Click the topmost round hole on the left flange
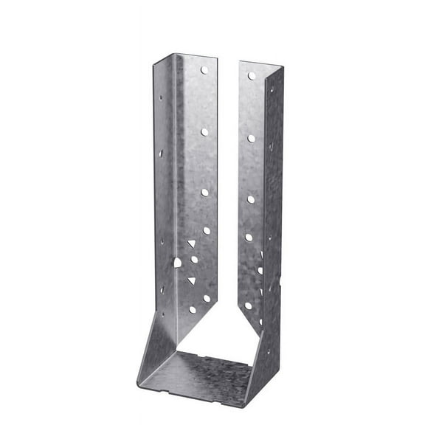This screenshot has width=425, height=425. pos(204,71)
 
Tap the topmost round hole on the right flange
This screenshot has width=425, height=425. pos(251,75)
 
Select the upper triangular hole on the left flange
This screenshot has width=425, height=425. pos(191,243)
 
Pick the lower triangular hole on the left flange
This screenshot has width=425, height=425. pos(191,280)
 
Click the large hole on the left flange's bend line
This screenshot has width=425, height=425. pos(177,262)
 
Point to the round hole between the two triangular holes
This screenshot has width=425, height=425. pos(195,260)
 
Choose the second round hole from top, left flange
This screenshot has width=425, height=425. pos(204,132)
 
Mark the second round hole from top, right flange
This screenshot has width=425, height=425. pos(251,138)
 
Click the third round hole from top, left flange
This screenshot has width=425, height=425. pos(205,193)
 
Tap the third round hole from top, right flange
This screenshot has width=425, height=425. pos(250,199)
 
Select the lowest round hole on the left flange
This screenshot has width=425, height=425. pos(193,310)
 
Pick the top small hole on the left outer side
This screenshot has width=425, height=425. pos(159,97)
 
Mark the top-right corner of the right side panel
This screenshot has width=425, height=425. pos(283,69)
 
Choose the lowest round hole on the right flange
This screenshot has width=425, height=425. pos(249,305)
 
